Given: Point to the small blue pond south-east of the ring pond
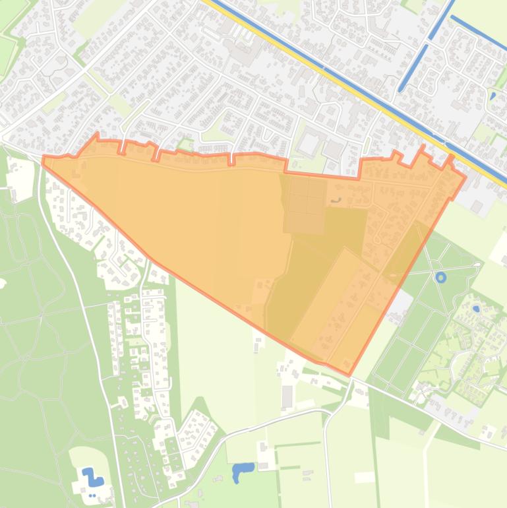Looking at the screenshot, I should [476, 308].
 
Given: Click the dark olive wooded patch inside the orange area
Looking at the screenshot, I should [310, 264].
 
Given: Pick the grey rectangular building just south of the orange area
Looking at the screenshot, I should [287, 397].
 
